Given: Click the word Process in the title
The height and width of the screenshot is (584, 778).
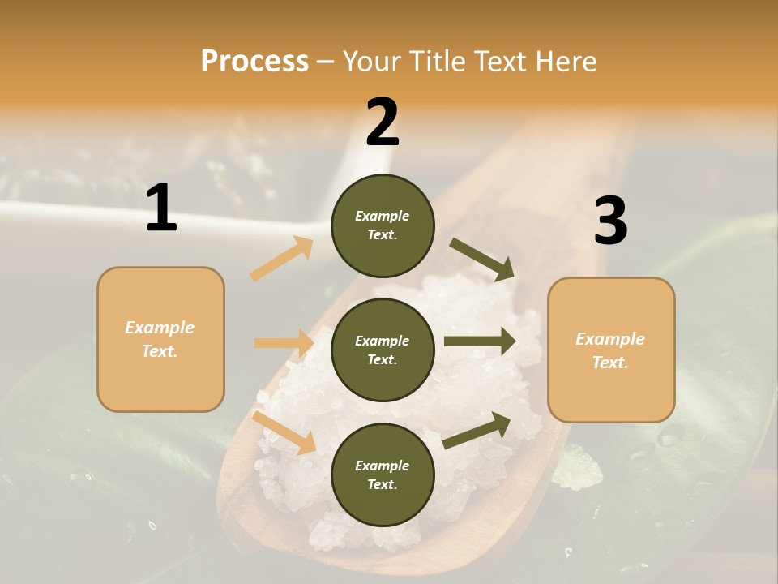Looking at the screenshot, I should click(254, 61).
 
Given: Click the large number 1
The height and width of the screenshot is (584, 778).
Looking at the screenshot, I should click(161, 208).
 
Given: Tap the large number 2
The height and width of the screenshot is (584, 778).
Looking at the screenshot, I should click(383, 122).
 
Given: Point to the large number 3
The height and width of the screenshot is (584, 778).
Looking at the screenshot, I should click(610, 221).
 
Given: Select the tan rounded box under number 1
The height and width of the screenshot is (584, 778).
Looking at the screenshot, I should click(160, 339).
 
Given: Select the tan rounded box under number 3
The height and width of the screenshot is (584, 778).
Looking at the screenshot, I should click(611, 350).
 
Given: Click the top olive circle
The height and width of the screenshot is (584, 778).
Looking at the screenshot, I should click(383, 225).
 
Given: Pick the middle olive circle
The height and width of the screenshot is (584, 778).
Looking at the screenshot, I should click(383, 350).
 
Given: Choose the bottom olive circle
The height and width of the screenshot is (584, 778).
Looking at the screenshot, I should click(383, 474).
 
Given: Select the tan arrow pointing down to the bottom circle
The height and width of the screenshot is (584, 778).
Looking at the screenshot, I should click(284, 432).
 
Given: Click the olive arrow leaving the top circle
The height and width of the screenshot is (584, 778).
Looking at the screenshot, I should click(482, 260).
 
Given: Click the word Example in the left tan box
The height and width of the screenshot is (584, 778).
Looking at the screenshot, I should click(160, 328).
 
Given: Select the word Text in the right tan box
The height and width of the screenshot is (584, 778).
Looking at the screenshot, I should click(609, 363).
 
